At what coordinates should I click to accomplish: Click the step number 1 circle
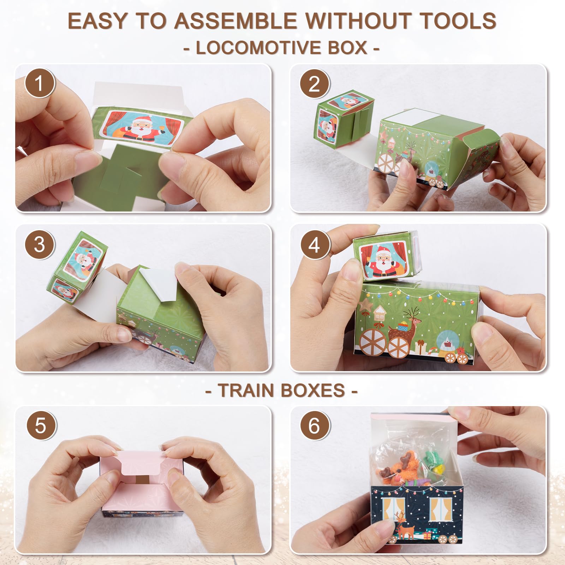(40, 84)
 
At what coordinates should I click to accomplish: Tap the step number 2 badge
(315, 84)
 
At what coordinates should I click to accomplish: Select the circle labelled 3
(40, 244)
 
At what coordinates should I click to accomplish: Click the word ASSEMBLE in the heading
(236, 21)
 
